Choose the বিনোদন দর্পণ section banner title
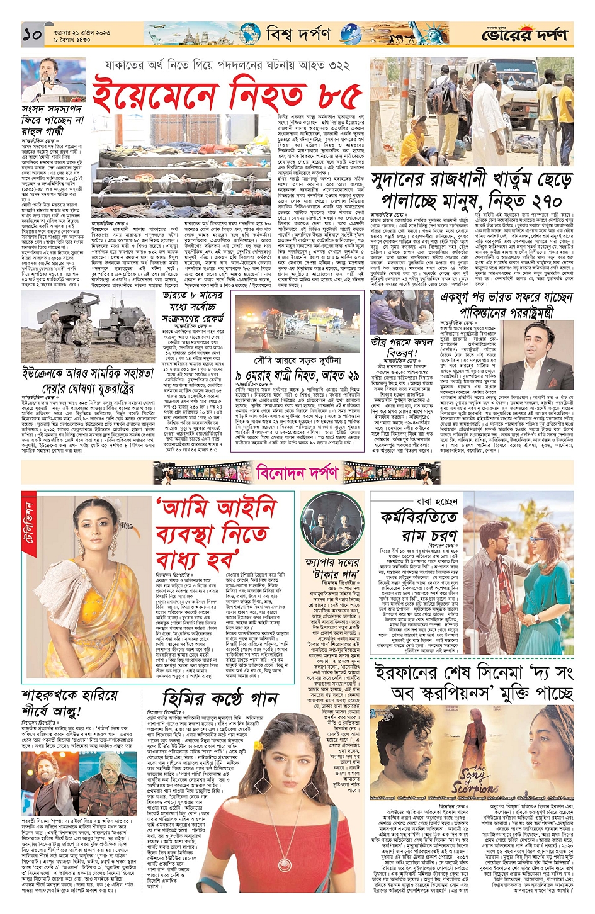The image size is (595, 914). click(x=297, y=471)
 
